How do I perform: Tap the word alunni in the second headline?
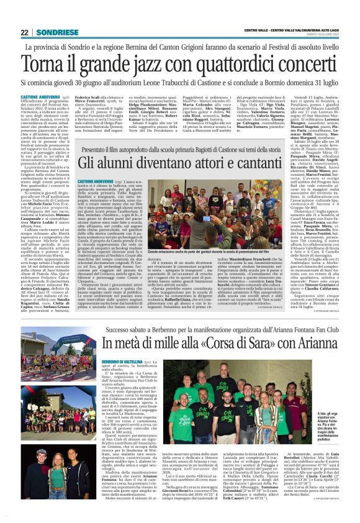pyautogui.click(x=120, y=161)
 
